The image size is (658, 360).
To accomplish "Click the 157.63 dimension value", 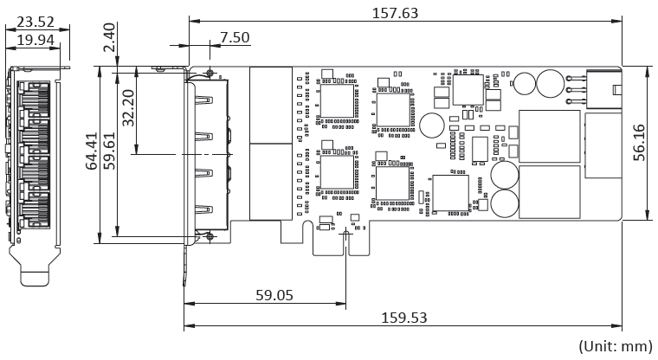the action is pyautogui.click(x=396, y=13).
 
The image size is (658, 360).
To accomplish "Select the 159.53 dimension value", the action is pyautogui.click(x=403, y=318).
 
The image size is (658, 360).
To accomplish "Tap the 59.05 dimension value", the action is pyautogui.click(x=274, y=295).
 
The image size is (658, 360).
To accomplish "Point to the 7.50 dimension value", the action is pyautogui.click(x=235, y=37).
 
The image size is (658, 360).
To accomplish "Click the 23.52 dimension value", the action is pyautogui.click(x=35, y=22).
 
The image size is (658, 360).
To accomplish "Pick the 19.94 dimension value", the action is pyautogui.click(x=35, y=41).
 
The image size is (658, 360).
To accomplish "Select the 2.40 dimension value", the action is pyautogui.click(x=109, y=37).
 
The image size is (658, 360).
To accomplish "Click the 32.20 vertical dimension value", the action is pyautogui.click(x=128, y=108).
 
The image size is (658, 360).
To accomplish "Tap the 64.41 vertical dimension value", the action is pyautogui.click(x=92, y=151).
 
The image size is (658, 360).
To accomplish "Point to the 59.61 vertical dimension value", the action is pyautogui.click(x=109, y=151).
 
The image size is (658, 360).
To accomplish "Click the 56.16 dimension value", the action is pyautogui.click(x=639, y=143).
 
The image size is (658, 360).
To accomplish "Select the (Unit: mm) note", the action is pyautogui.click(x=616, y=346).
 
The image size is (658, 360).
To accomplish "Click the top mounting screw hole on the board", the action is pyautogui.click(x=210, y=74).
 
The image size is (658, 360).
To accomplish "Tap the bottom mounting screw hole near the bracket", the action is pyautogui.click(x=210, y=236).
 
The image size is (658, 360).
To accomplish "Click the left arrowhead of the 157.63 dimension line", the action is pyautogui.click(x=194, y=21).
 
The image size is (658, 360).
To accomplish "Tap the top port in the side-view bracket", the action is pyautogui.click(x=34, y=97).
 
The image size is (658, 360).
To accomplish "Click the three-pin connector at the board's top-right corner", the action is pyautogui.click(x=603, y=90).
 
